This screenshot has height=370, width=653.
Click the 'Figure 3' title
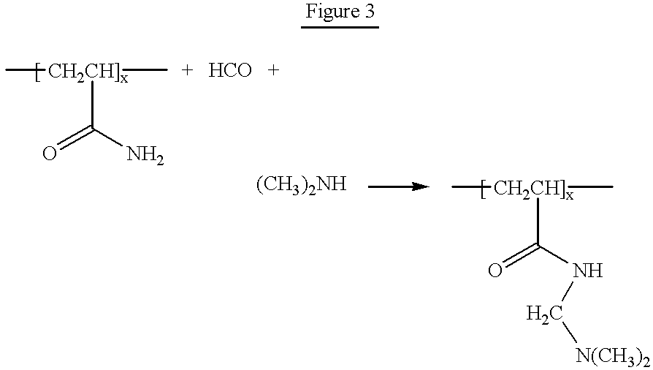pos(340,11)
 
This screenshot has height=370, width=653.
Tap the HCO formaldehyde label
pos(230,70)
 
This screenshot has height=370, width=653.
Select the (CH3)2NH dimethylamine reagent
pos(301,184)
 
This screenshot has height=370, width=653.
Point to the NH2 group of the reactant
pos(145,155)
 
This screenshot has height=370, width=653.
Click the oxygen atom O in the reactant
pos(50,154)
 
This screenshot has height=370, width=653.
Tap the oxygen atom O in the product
pos(495,271)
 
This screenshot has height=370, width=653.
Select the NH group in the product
pos(588,271)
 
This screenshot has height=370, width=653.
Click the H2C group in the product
pos(545,314)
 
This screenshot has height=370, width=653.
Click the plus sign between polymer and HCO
pos(188,70)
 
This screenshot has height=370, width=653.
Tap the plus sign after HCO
pos(273,70)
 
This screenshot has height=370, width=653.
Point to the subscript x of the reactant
pos(124,78)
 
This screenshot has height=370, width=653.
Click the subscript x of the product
pos(569,195)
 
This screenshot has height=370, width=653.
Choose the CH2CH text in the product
pos(526,188)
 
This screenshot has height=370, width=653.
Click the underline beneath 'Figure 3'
pos(340,28)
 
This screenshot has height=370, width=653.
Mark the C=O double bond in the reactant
pos(75,137)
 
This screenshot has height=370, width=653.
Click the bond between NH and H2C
pos(568,292)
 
